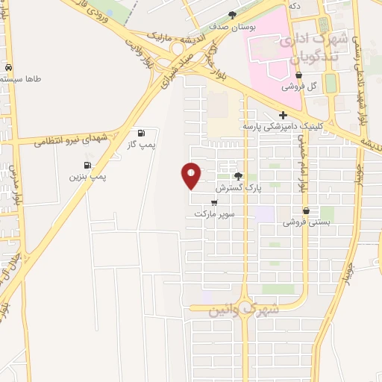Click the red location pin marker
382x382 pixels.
point(191,175)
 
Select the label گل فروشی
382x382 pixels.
point(299,86)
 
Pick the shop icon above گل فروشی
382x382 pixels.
point(299,75)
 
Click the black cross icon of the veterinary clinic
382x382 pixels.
point(283,115)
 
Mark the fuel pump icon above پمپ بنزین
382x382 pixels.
point(88,165)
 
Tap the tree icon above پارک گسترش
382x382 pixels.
point(238,177)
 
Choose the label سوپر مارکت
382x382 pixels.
point(215,213)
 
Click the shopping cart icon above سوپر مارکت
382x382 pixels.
point(215,202)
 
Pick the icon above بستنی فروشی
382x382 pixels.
point(306,210)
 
